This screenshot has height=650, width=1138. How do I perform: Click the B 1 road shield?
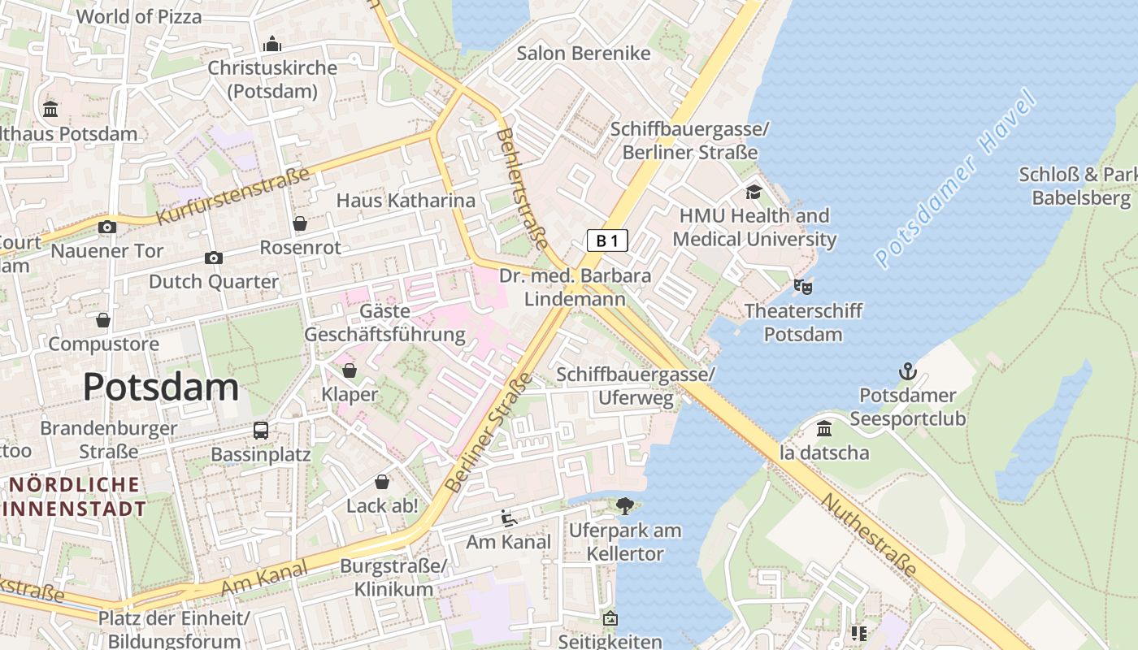click(x=607, y=240)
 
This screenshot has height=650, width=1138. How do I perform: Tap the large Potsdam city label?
click(x=161, y=387)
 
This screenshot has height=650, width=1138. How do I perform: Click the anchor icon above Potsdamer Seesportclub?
click(x=907, y=372)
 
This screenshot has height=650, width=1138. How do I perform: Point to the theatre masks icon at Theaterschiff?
click(x=803, y=286)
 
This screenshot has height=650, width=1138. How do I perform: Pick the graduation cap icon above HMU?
click(x=754, y=193)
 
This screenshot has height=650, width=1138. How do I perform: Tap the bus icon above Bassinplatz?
click(x=261, y=430)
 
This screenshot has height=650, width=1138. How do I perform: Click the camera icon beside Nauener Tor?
click(x=107, y=227)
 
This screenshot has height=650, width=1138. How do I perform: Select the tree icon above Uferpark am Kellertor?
click(x=624, y=506)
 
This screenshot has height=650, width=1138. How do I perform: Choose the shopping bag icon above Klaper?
click(x=350, y=371)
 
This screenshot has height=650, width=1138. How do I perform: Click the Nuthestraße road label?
click(x=868, y=534)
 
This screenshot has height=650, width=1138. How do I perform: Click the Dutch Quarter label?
click(x=214, y=282)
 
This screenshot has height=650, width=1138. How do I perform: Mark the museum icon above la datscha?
click(x=824, y=428)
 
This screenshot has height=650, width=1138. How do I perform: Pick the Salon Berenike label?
click(x=584, y=54)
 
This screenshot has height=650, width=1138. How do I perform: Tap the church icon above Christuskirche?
click(x=272, y=43)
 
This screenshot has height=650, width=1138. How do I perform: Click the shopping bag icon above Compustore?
click(x=103, y=320)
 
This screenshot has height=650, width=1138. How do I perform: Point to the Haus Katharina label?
click(x=406, y=200)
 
